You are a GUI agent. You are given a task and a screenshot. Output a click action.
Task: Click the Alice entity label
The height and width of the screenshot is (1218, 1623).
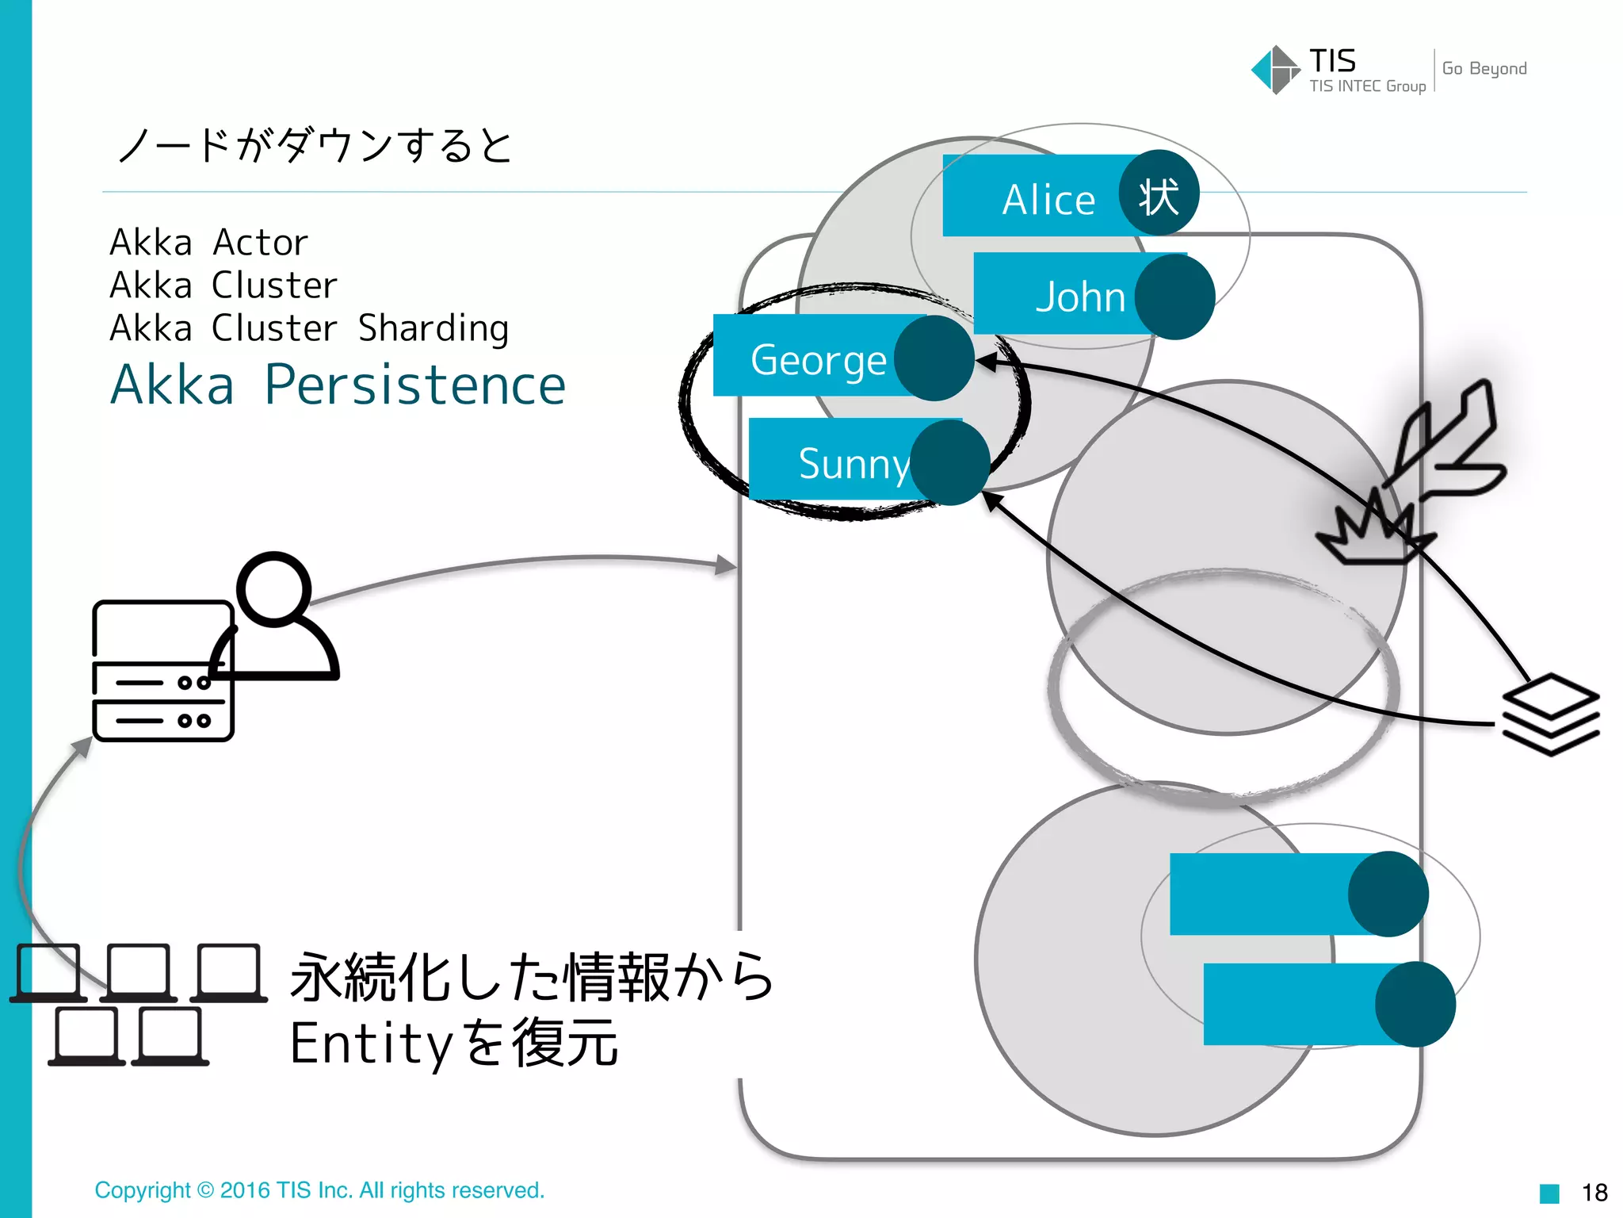click(1048, 199)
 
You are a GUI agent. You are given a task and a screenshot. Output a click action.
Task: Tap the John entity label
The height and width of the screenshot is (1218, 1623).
click(1079, 297)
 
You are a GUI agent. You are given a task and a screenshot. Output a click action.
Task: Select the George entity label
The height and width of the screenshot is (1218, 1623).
click(818, 360)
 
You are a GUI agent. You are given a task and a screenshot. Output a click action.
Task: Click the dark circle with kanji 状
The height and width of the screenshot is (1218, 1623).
click(1159, 194)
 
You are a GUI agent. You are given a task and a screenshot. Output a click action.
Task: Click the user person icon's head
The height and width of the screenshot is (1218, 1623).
click(274, 588)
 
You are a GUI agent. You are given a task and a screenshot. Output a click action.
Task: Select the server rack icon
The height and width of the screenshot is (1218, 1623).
click(162, 671)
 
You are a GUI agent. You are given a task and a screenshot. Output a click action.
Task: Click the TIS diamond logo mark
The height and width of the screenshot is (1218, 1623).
click(1274, 70)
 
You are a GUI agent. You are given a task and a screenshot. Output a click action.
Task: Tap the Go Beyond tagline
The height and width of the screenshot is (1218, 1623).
click(1484, 69)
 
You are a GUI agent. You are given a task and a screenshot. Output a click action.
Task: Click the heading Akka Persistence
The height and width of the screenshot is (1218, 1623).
click(338, 385)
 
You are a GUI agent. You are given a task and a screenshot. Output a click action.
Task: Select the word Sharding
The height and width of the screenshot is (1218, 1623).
click(433, 328)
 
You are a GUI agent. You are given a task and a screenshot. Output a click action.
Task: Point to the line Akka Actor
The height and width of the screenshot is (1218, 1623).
click(208, 243)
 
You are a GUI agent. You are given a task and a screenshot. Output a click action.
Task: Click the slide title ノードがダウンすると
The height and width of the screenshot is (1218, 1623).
click(314, 146)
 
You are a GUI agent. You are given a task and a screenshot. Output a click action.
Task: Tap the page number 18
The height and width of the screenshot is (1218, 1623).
click(1594, 1192)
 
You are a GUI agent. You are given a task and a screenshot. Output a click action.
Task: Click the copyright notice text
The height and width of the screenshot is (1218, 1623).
click(319, 1190)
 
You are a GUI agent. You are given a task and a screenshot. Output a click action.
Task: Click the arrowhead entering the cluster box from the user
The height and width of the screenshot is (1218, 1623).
click(726, 565)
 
